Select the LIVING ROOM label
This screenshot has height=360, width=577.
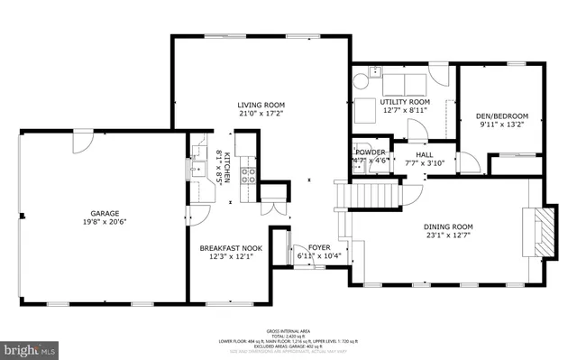261,105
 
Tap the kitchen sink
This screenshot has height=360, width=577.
197,168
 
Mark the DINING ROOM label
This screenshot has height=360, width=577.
448,226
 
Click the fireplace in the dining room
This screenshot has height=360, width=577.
540,233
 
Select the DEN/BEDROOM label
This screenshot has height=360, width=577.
502,115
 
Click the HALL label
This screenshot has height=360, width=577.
425,154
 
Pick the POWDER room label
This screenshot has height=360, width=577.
371,152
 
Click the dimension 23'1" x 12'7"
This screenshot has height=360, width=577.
448,235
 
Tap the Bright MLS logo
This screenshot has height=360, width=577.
28,347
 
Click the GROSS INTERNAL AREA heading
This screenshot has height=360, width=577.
288,331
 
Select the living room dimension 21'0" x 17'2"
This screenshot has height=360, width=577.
261,114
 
